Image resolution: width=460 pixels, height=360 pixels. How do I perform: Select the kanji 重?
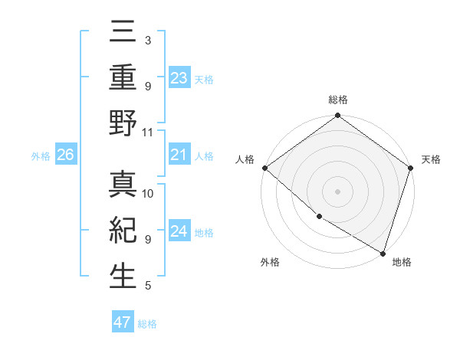tap(123, 78)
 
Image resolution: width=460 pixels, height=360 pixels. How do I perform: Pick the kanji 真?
tap(123, 185)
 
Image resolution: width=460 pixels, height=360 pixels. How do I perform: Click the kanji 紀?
tap(123, 231)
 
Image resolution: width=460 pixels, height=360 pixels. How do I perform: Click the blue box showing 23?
tap(179, 78)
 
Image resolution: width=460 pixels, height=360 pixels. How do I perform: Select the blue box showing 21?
tap(179, 155)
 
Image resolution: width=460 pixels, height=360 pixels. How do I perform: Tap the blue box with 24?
tap(179, 231)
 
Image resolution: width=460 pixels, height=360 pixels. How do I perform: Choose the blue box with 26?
tap(65, 155)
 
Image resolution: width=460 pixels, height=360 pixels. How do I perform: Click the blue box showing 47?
tap(123, 322)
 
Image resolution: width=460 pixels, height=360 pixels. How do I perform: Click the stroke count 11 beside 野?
tap(147, 132)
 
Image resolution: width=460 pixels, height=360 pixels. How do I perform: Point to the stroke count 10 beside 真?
tap(148, 193)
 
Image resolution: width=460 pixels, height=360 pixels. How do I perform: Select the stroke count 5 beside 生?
tap(147, 286)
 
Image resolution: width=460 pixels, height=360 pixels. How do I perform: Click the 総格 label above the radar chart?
tap(337, 100)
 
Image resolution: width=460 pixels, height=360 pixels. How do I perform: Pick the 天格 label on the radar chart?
tap(431, 159)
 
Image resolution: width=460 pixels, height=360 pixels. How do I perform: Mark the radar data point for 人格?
tap(264, 168)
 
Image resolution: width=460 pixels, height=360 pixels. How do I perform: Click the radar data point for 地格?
tap(383, 252)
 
